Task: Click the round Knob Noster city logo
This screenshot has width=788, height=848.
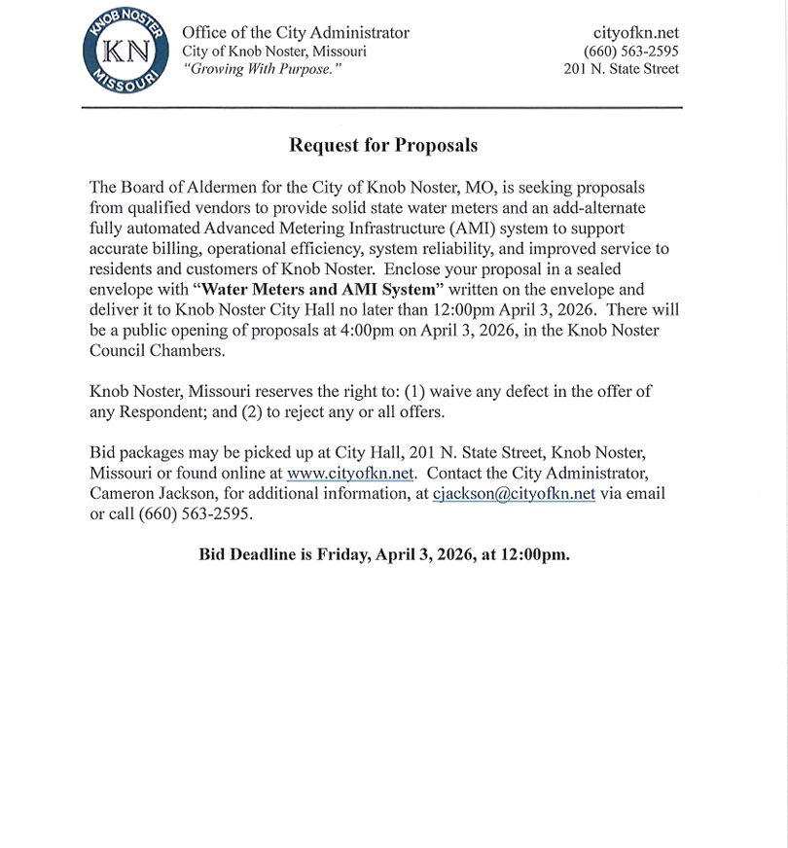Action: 125,53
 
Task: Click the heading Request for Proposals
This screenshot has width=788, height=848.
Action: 383,146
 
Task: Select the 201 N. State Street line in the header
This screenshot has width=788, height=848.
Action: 622,68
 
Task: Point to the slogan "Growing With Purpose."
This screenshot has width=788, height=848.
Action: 263,69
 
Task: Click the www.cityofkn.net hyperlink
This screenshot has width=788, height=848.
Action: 350,474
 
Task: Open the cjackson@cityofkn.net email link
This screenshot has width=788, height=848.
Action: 514,493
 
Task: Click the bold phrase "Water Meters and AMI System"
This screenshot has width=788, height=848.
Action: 316,289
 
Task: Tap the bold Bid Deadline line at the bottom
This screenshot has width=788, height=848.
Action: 384,554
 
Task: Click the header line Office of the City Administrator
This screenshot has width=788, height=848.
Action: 296,33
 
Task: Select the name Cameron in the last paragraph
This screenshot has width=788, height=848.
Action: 122,493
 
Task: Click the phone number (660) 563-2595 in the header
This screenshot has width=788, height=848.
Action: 630,51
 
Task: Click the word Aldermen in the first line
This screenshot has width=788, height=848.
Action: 217,187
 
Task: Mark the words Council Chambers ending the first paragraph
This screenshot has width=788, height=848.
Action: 157,350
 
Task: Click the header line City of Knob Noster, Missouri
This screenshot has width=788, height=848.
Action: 274,52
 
